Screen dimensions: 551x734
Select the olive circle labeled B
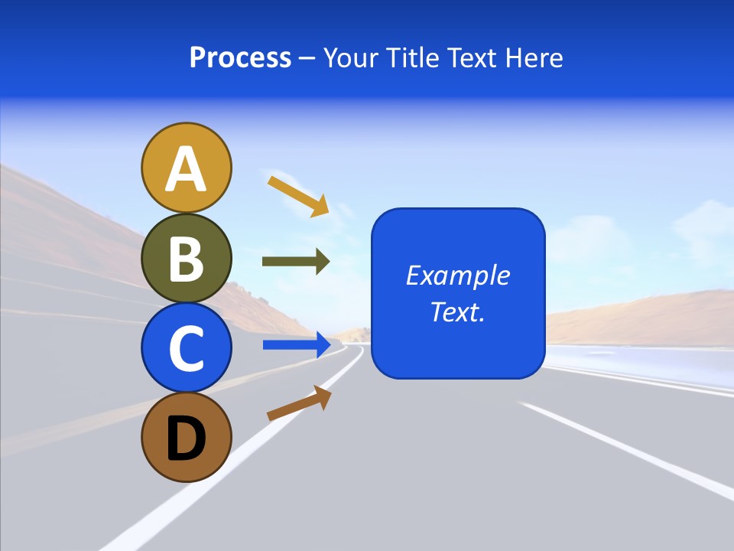[x=186, y=258]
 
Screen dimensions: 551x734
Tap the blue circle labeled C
[x=186, y=347]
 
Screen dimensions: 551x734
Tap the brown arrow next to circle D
[x=299, y=403]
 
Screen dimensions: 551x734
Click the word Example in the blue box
[x=457, y=275]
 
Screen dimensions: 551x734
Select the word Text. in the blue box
[x=457, y=312]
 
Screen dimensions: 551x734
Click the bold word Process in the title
[x=240, y=57]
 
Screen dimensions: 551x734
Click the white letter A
[x=186, y=168]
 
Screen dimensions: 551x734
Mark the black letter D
[x=186, y=439]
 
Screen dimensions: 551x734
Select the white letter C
[x=186, y=349]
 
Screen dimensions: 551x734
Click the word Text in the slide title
[x=473, y=57]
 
